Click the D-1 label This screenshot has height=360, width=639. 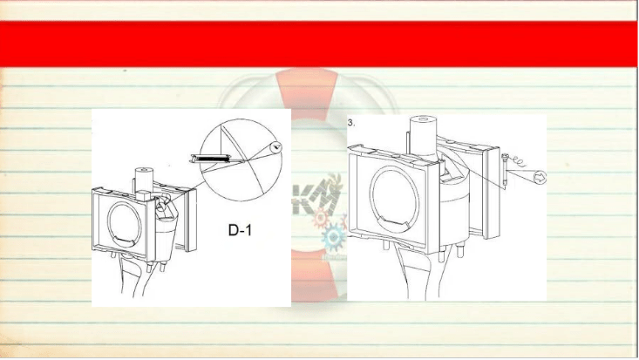240,230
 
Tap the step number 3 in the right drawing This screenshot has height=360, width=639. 350,122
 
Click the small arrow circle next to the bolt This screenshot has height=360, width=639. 540,177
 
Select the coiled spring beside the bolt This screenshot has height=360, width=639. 518,160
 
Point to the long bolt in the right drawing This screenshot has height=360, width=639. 506,171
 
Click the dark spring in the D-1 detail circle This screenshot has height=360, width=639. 212,158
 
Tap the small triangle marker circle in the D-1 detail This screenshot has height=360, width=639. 276,146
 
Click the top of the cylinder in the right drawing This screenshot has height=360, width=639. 423,119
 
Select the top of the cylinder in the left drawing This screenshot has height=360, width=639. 144,169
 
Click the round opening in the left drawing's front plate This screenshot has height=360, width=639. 125,224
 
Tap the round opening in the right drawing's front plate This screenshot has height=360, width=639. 395,199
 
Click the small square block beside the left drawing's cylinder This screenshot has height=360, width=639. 144,195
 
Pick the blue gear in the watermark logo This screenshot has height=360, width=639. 333,237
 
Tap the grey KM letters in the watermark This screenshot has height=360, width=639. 316,200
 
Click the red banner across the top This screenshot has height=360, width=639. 319,44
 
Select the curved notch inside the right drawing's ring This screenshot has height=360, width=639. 395,221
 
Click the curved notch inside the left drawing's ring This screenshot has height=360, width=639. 125,241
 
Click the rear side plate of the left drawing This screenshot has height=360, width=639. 191,221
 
